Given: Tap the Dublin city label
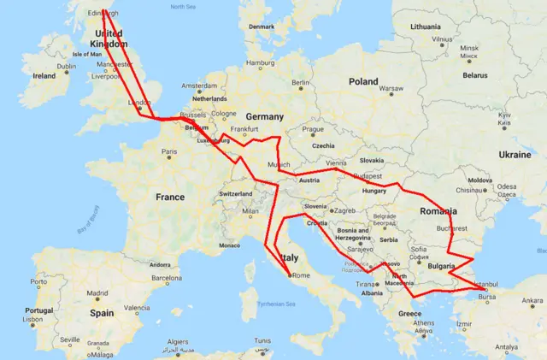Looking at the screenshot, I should coord(67,67).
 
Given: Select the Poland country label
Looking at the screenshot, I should coord(362,81).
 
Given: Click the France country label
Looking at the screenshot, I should coord(169,197).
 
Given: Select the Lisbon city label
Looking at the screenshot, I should coord(33,319).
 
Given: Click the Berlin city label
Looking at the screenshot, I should coord(299,83).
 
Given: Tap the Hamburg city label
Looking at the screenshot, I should coord(260,63).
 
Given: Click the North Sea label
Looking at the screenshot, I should coord(183,7).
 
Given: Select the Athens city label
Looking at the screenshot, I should coord(425,323).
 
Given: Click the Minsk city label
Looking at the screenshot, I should coord(468,49).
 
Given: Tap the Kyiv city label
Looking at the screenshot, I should coord(503,115).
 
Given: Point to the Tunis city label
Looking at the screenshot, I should coord(262,341).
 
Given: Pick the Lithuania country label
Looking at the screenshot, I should coord(425,27).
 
